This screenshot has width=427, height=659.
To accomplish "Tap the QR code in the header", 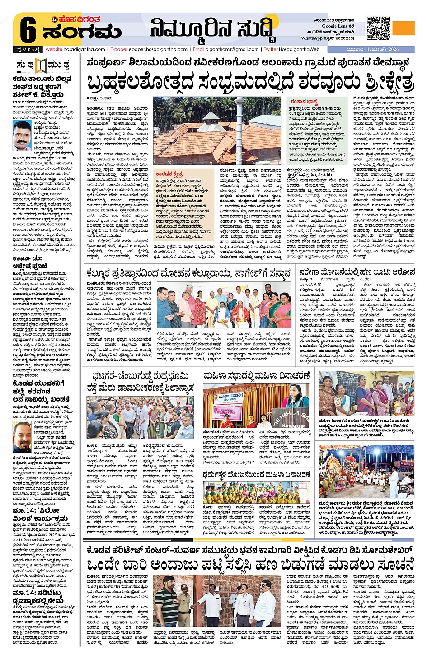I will (x=378, y=28).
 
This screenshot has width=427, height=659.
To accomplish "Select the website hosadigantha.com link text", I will (x=75, y=49).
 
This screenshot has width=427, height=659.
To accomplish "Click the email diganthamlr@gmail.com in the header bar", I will (x=226, y=49).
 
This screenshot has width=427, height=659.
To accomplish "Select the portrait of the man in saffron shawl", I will (x=22, y=136).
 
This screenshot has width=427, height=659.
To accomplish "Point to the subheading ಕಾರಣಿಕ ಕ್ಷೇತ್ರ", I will (x=169, y=173).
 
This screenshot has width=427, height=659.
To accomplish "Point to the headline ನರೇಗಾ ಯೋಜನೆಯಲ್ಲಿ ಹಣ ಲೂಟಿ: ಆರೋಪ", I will (x=357, y=272).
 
